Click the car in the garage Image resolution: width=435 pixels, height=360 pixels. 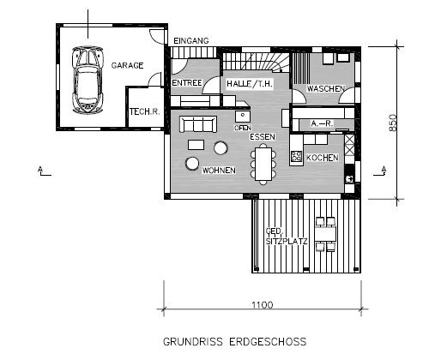click(88, 80)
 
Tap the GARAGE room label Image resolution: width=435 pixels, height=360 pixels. click(127, 65)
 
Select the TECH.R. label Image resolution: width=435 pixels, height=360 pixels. click(145, 111)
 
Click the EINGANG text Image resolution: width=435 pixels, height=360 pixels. click(191, 41)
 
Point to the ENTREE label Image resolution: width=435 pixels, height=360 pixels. click(187, 83)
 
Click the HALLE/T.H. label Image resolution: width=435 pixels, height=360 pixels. click(250, 84)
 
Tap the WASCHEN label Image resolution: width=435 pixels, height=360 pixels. click(326, 88)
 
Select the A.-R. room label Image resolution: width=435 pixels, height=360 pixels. click(322, 123)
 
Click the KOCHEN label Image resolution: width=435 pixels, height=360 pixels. click(323, 158)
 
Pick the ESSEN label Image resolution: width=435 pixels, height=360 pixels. click(263, 137)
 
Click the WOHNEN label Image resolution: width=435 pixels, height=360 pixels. click(219, 171)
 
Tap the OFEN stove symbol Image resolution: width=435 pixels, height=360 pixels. click(243, 117)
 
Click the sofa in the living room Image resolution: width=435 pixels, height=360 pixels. click(198, 124)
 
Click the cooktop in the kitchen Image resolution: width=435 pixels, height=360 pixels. click(296, 156)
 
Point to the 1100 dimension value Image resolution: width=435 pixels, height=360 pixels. click(263, 305)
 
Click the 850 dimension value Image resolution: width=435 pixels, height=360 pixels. click(393, 123)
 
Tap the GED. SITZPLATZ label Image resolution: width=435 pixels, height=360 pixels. click(287, 237)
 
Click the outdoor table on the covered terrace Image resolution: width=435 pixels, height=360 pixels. click(325, 234)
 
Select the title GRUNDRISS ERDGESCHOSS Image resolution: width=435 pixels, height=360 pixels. click(235, 342)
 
